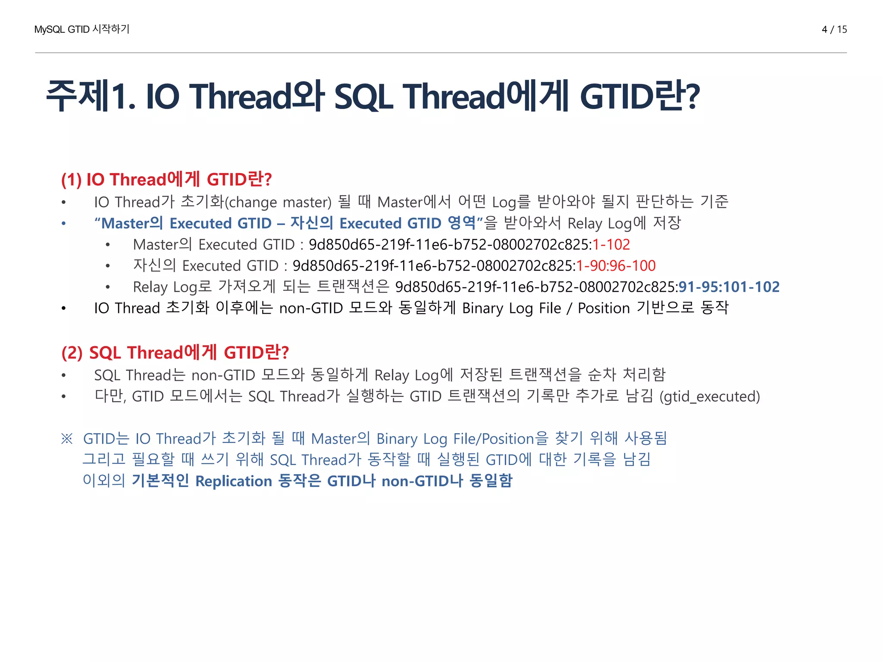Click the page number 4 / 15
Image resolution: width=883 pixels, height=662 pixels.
(x=834, y=29)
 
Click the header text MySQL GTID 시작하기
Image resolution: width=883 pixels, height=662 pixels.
(x=82, y=29)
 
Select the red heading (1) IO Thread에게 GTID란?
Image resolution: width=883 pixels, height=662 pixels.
(x=166, y=179)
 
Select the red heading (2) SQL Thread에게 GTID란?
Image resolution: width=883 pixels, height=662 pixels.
(x=175, y=353)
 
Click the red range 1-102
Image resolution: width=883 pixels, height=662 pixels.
(x=611, y=244)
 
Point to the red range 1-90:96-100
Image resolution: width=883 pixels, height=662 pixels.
(x=616, y=265)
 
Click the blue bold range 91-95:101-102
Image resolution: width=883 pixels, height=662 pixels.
(x=729, y=287)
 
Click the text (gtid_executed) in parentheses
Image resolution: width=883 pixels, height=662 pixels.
(x=710, y=396)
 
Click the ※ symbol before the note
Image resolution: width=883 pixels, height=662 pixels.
(x=67, y=439)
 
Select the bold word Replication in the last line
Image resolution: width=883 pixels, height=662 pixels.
(x=234, y=481)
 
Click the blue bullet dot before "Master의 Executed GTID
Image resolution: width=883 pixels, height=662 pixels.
(x=63, y=223)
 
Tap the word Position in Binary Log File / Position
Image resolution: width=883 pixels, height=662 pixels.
(x=604, y=308)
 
